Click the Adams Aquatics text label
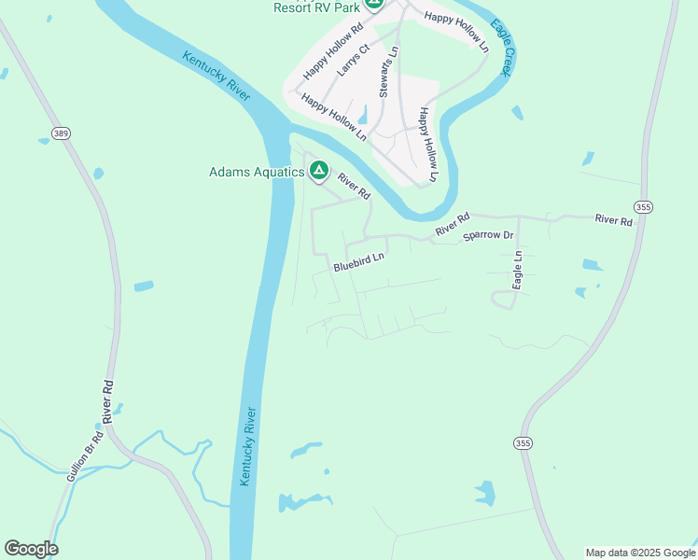[257, 172]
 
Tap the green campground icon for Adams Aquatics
[318, 170]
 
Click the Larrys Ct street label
[354, 59]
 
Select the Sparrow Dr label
[488, 236]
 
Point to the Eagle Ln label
[517, 268]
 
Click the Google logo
[31, 549]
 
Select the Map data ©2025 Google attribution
[640, 553]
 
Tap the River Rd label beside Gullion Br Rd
[108, 402]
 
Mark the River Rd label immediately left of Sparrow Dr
[451, 224]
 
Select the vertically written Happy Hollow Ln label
[427, 144]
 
